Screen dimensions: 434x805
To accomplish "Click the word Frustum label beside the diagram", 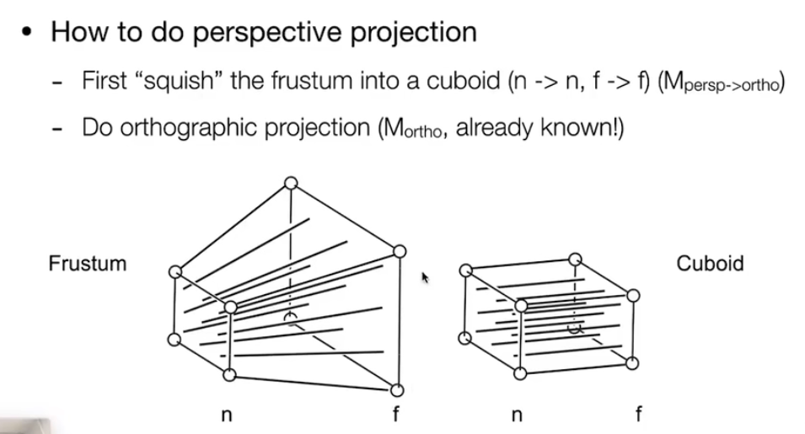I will click(87, 264).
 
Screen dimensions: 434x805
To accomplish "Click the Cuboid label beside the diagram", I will click(710, 264).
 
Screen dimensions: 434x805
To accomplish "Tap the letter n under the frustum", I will click(227, 415).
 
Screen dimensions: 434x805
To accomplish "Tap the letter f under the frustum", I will click(395, 415).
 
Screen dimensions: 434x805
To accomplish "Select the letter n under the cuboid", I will click(518, 415).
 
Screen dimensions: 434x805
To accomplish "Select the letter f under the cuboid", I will click(638, 415).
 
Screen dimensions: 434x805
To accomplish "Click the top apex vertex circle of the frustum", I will click(291, 183).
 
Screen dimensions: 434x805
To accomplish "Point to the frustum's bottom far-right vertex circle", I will click(397, 389).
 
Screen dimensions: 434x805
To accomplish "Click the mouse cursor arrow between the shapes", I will click(425, 276).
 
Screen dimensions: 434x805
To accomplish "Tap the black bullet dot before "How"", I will click(28, 34).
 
